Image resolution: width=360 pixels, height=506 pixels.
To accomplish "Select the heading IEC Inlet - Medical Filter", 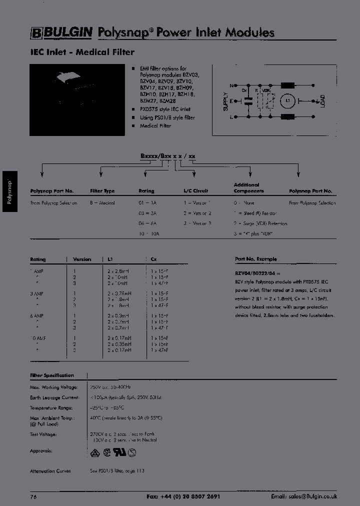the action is click(82, 52).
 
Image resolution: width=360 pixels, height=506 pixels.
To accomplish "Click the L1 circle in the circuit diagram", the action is click(287, 101).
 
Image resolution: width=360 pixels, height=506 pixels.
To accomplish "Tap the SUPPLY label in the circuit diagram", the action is click(226, 101).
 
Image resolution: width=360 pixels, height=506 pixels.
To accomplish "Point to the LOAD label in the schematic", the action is click(322, 101).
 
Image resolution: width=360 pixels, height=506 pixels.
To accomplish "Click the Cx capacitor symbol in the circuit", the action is click(246, 101).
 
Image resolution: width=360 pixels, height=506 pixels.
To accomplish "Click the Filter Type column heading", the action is click(102, 191).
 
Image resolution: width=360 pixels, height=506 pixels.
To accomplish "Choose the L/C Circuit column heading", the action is click(196, 191).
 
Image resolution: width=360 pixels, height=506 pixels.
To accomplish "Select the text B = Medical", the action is click(102, 203).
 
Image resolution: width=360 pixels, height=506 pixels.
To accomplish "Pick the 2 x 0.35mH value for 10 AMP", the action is click(119, 344).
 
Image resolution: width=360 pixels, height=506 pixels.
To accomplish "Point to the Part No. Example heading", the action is click(255, 259).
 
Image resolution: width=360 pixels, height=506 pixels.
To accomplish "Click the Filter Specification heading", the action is click(52, 375).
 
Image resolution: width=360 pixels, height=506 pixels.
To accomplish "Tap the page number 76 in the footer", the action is click(33, 496).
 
